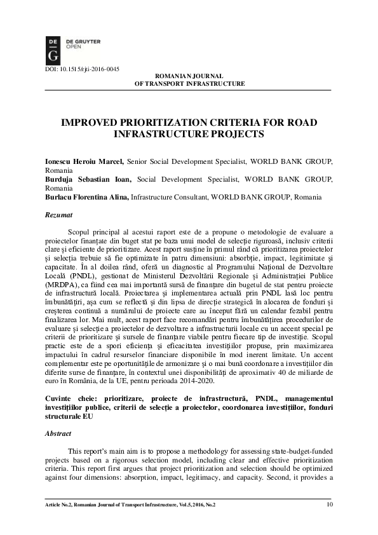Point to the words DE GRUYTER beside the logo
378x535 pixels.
tap(83, 40)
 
